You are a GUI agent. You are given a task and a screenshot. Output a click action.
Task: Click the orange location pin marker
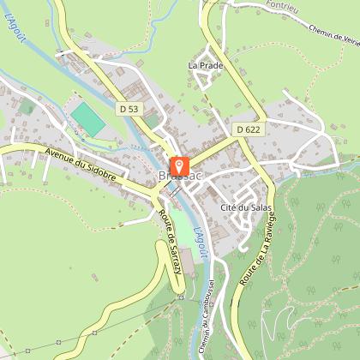pyautogui.click(x=179, y=165)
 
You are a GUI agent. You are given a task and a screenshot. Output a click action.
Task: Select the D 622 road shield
pyautogui.click(x=246, y=128)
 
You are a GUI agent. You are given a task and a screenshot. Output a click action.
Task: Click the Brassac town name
pyautogui.click(x=179, y=177)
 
